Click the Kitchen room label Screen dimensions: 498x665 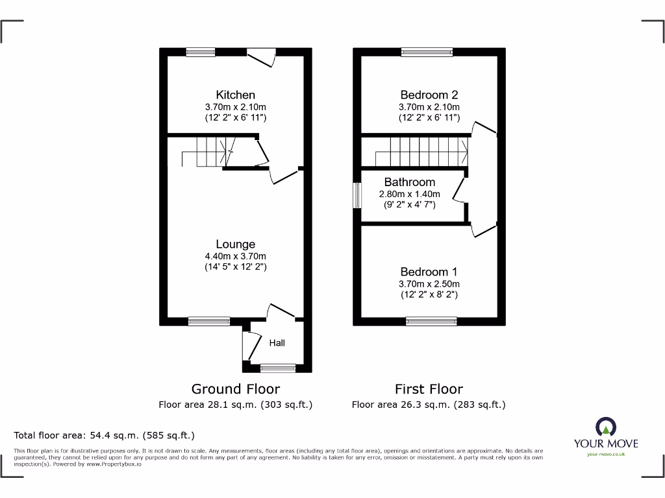click(x=235, y=95)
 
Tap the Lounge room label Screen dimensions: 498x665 click(x=235, y=244)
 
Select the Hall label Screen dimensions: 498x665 click(x=277, y=343)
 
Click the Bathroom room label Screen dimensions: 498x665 click(x=409, y=182)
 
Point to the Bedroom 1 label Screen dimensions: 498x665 click(x=429, y=272)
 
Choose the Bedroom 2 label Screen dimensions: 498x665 click(x=429, y=95)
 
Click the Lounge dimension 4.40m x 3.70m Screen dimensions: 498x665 click(x=235, y=256)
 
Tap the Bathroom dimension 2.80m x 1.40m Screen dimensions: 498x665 click(x=409, y=194)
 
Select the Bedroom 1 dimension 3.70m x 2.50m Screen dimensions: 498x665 click(x=429, y=283)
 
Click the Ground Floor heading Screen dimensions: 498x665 click(x=235, y=389)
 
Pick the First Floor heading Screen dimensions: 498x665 click(x=429, y=389)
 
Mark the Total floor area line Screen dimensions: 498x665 click(x=105, y=435)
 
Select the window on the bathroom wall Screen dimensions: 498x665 click(x=357, y=195)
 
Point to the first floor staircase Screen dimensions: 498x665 click(x=422, y=151)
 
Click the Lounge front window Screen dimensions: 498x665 click(x=209, y=321)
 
